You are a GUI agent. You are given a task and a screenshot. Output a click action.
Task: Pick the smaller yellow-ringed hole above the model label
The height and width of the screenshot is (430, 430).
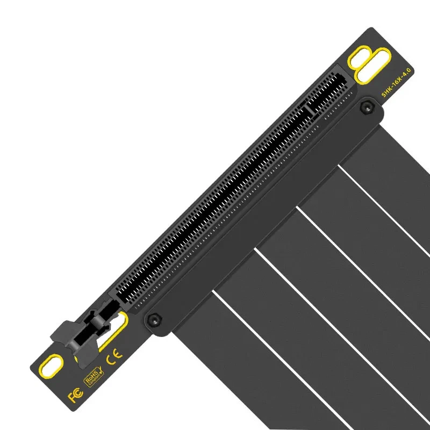tap(357, 58)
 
